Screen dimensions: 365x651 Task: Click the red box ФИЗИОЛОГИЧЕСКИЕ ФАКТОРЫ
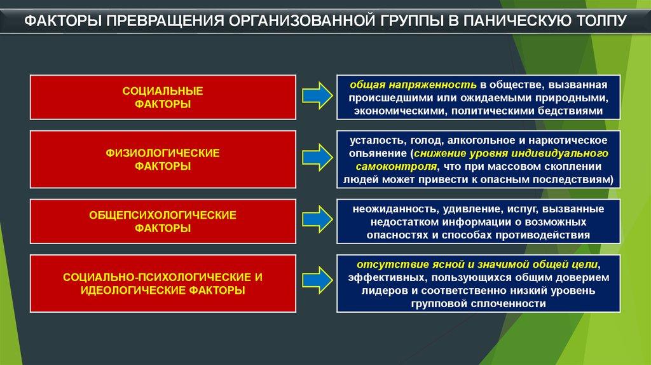coord(163,160)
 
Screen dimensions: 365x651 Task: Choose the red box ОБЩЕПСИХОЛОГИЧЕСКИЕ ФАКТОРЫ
coord(163,221)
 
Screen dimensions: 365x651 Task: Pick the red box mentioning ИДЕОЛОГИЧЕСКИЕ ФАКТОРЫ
coord(163,284)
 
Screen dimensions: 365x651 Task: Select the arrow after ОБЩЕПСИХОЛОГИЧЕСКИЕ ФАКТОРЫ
coord(317,221)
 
